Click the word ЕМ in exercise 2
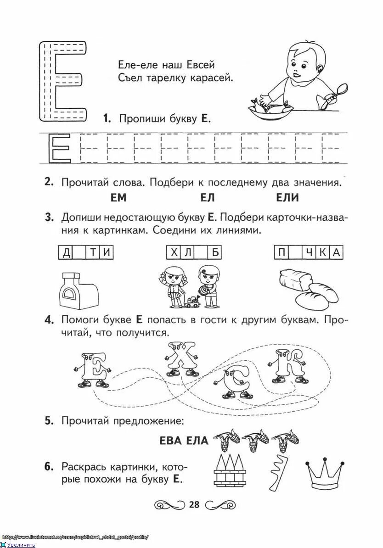(118, 198)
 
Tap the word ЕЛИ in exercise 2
(287, 198)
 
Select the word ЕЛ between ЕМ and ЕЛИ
(208, 198)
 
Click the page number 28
(194, 504)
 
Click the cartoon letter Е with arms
(91, 367)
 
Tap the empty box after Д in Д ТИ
(79, 252)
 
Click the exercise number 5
(50, 420)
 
